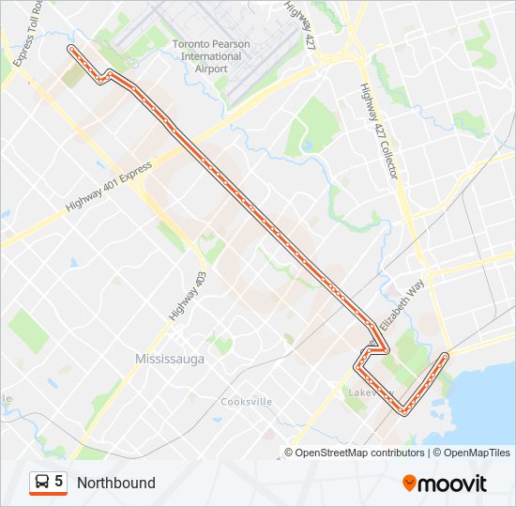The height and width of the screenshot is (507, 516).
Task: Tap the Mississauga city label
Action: point(170,360)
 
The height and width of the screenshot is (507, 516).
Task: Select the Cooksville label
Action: point(246,402)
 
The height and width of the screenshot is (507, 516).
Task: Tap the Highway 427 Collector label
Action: point(380,131)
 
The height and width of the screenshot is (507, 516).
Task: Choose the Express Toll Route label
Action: point(23,38)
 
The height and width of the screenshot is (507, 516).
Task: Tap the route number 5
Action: point(59,482)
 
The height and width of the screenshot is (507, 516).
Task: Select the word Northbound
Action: point(116,483)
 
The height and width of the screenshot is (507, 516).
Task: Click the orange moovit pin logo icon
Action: point(409,484)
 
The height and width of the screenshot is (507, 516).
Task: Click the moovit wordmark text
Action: point(452,484)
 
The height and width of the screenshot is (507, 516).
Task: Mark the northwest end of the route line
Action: point(70,47)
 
